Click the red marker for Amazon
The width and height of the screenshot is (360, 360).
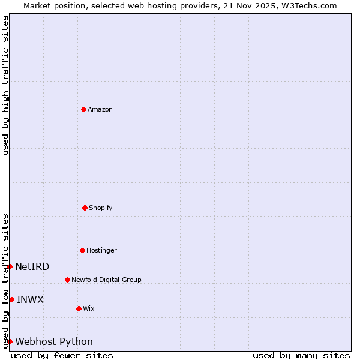[83, 109]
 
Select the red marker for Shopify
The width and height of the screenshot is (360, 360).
[85, 208]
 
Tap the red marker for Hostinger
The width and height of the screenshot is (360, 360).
[82, 250]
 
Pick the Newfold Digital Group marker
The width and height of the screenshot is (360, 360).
[67, 280]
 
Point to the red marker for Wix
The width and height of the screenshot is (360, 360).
[79, 308]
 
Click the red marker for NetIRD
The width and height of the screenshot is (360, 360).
[10, 266]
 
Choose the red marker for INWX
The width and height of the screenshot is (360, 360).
[11, 299]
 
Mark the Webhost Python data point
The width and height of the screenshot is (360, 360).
[10, 341]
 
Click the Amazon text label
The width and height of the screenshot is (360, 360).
[100, 109]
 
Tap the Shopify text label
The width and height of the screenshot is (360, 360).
[101, 208]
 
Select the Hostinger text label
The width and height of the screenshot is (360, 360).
[101, 250]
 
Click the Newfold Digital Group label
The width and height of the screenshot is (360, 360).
[106, 280]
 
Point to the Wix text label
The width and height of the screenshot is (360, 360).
[89, 308]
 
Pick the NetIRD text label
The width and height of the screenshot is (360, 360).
[32, 266]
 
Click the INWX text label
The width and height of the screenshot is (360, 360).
[30, 299]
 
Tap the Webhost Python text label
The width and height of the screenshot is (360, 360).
[54, 341]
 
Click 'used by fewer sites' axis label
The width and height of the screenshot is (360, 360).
[62, 355]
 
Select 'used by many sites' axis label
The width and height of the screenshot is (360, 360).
[301, 355]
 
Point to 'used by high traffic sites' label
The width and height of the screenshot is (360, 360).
[5, 85]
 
